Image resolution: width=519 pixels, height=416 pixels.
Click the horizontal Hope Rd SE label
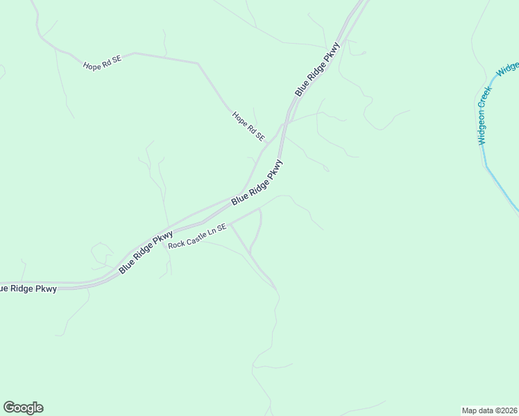tap(102, 62)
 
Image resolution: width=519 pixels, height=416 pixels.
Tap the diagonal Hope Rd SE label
tap(248, 127)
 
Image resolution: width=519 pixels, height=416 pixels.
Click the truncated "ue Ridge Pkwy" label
tap(28, 288)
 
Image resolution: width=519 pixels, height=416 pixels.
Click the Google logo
tap(23, 408)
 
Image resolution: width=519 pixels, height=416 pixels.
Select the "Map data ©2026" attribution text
tap(489, 409)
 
